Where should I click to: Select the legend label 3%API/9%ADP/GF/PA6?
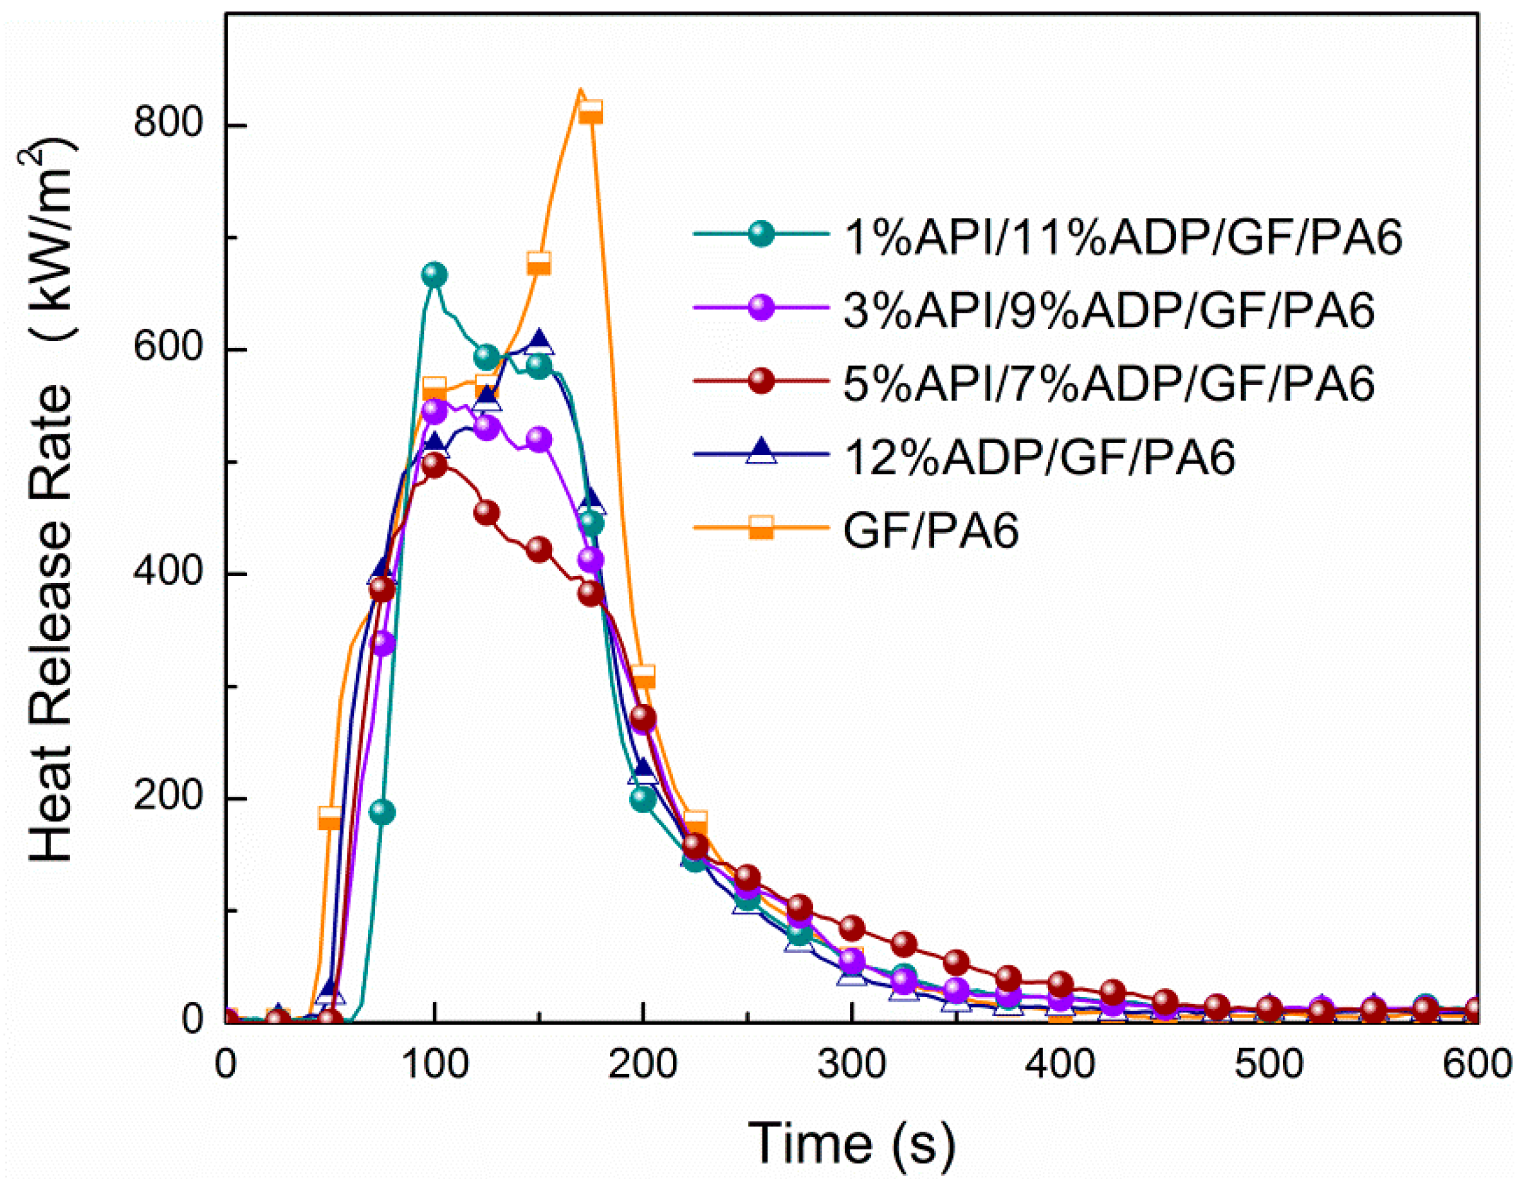tap(1109, 311)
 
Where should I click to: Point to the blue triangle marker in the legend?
tap(762, 452)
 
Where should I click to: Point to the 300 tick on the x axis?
tap(851, 1065)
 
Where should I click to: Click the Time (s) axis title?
tap(851, 1142)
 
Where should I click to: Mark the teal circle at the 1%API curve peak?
tap(434, 275)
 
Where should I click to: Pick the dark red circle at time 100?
tap(434, 465)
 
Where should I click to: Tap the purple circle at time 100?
tap(434, 411)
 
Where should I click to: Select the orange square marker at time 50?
tap(329, 818)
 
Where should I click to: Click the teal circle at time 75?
tap(382, 812)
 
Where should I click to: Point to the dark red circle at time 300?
tap(852, 928)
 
